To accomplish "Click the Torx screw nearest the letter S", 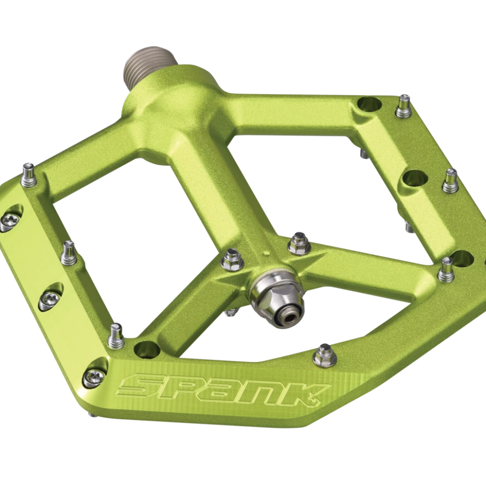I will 94,374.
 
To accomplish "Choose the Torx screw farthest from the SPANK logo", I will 9,221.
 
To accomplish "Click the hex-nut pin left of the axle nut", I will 232,260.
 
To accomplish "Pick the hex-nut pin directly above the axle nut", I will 299,244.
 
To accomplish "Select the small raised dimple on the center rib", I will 265,253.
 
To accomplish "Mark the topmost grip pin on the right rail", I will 403,107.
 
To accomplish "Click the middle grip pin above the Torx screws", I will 69,253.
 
